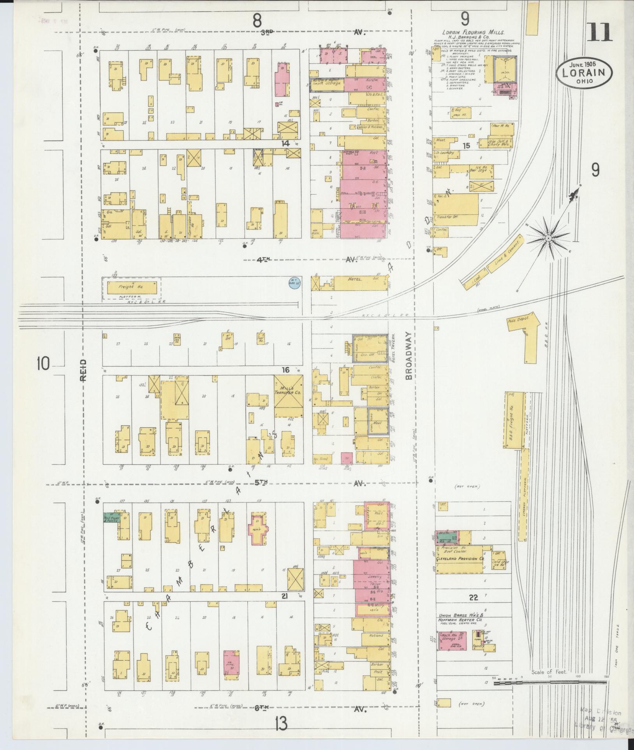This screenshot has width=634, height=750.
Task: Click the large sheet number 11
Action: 599,32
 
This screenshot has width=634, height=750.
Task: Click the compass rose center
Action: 548,237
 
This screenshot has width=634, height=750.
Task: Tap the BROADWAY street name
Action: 408,356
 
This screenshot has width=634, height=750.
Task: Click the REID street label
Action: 85,370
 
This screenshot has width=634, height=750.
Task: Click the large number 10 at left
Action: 44,364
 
